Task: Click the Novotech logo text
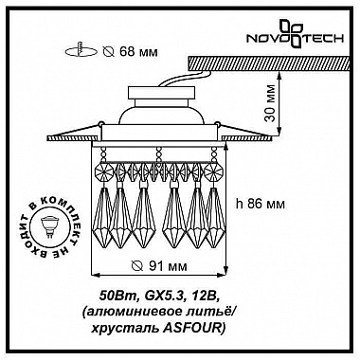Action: (x=295, y=39)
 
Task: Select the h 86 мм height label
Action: (x=261, y=204)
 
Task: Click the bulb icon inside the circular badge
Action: (x=48, y=225)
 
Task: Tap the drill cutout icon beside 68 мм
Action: (x=81, y=50)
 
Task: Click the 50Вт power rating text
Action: (x=118, y=296)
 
